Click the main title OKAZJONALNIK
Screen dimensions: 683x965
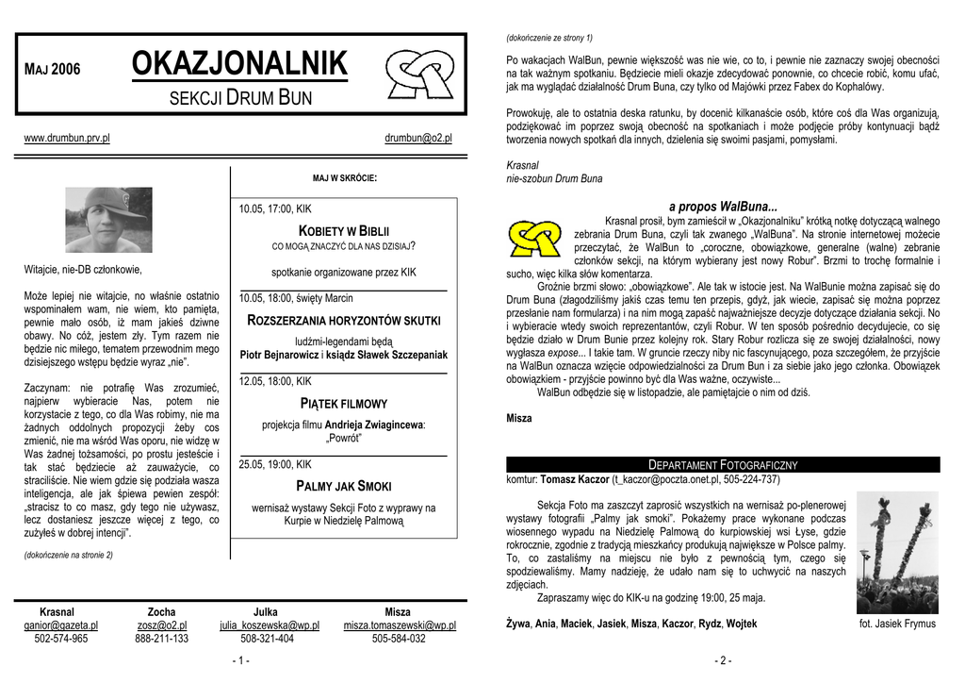click(x=239, y=65)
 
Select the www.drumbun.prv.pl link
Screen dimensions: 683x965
click(x=67, y=138)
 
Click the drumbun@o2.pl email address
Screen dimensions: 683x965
click(x=418, y=138)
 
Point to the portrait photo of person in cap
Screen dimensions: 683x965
click(x=108, y=220)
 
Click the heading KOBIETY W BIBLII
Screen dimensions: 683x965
click(x=344, y=230)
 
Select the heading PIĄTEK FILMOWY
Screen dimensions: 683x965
click(x=344, y=404)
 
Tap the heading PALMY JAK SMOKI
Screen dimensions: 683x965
click(x=344, y=486)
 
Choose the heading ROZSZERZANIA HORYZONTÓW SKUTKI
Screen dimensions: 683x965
click(x=344, y=321)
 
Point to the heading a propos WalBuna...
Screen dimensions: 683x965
click(x=723, y=207)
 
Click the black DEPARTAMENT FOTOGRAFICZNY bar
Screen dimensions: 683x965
click(x=723, y=465)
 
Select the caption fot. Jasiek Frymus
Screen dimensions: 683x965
click(x=897, y=624)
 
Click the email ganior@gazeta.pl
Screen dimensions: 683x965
click(x=61, y=625)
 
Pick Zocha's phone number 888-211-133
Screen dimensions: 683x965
click(x=161, y=639)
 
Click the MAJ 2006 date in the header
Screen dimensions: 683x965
click(x=52, y=69)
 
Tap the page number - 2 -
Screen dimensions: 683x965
click(x=723, y=661)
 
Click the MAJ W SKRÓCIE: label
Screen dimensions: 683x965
click(x=345, y=177)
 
